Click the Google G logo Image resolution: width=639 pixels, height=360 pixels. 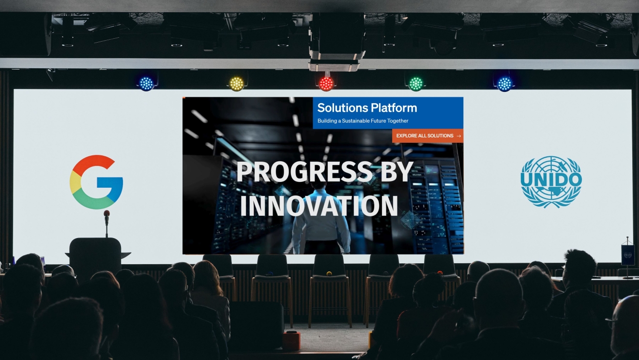pyautogui.click(x=96, y=182)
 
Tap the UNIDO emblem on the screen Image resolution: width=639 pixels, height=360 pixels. pyautogui.click(x=551, y=181)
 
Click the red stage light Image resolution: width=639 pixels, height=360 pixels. pyautogui.click(x=326, y=84)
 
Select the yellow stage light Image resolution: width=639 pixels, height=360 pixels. pyautogui.click(x=236, y=84)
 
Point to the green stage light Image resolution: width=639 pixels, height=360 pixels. pyautogui.click(x=416, y=84)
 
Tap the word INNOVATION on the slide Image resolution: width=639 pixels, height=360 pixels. pyautogui.click(x=319, y=206)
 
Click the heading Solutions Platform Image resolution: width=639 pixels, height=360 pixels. pyautogui.click(x=367, y=108)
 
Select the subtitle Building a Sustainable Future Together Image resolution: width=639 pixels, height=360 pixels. pyautogui.click(x=363, y=120)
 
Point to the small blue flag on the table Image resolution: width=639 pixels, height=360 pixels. pyautogui.click(x=627, y=255)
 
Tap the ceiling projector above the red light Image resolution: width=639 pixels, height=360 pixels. pyautogui.click(x=336, y=41)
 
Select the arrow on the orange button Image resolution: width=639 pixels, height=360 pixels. pyautogui.click(x=458, y=136)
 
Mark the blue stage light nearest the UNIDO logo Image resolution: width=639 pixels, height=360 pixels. pyautogui.click(x=504, y=84)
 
